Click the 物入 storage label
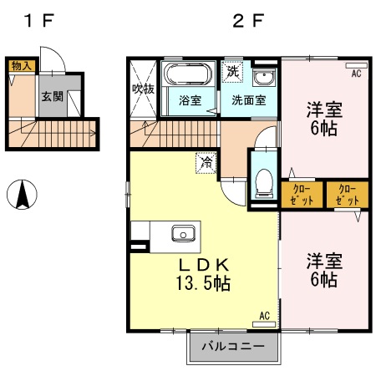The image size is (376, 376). click(20, 65)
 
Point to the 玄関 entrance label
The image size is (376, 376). click(51, 96)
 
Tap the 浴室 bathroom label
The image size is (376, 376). click(190, 102)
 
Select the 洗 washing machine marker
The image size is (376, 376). click(232, 73)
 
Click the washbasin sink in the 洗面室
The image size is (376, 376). click(266, 79)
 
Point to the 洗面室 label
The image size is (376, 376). click(249, 102)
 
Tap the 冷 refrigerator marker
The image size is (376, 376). click(205, 163)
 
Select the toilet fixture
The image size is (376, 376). click(264, 180)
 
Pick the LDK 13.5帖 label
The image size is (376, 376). click(201, 274)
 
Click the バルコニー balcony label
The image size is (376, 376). click(231, 346)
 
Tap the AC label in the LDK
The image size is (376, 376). click(264, 316)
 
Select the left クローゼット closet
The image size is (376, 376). click(302, 195)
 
